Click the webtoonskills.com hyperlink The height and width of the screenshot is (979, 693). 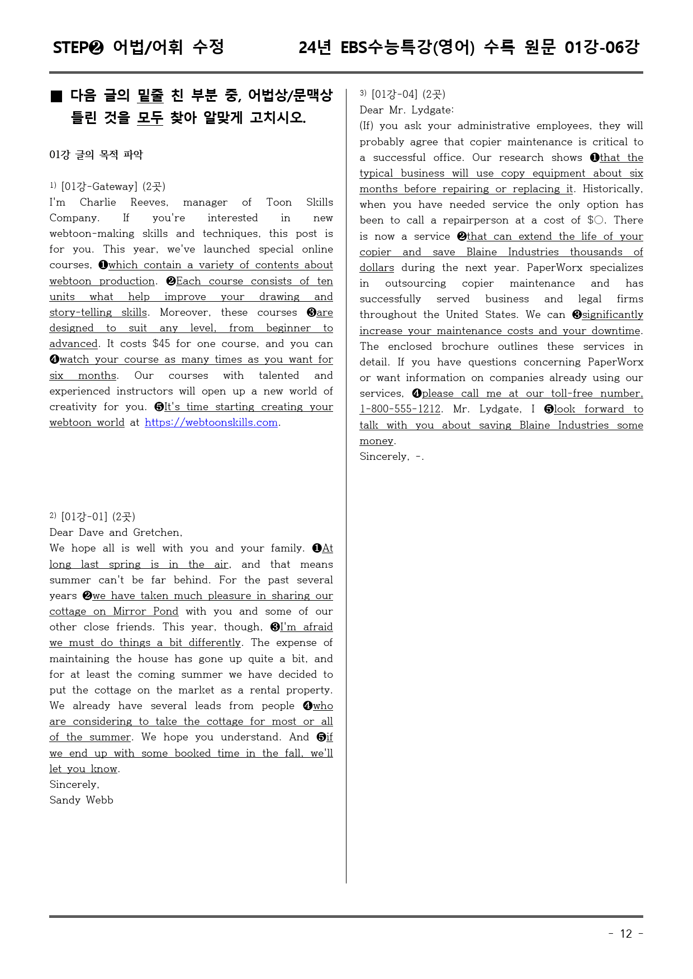tap(211, 422)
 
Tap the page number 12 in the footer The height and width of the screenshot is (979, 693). tap(626, 934)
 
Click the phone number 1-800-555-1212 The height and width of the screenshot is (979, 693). tap(400, 409)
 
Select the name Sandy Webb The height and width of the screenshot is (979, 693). tap(81, 800)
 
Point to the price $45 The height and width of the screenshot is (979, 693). tap(161, 344)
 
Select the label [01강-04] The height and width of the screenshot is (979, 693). tap(394, 94)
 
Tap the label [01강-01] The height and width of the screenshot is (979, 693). tap(84, 517)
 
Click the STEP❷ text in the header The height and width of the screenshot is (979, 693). tap(78, 47)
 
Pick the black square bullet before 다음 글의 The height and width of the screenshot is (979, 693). tap(56, 96)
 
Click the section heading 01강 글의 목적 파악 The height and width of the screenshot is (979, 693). tap(96, 155)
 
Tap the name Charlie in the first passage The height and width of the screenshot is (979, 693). tap(98, 202)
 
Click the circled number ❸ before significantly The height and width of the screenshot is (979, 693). tap(577, 315)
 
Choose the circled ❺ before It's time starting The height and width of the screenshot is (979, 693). tap(159, 407)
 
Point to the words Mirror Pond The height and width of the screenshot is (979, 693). tap(145, 611)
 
